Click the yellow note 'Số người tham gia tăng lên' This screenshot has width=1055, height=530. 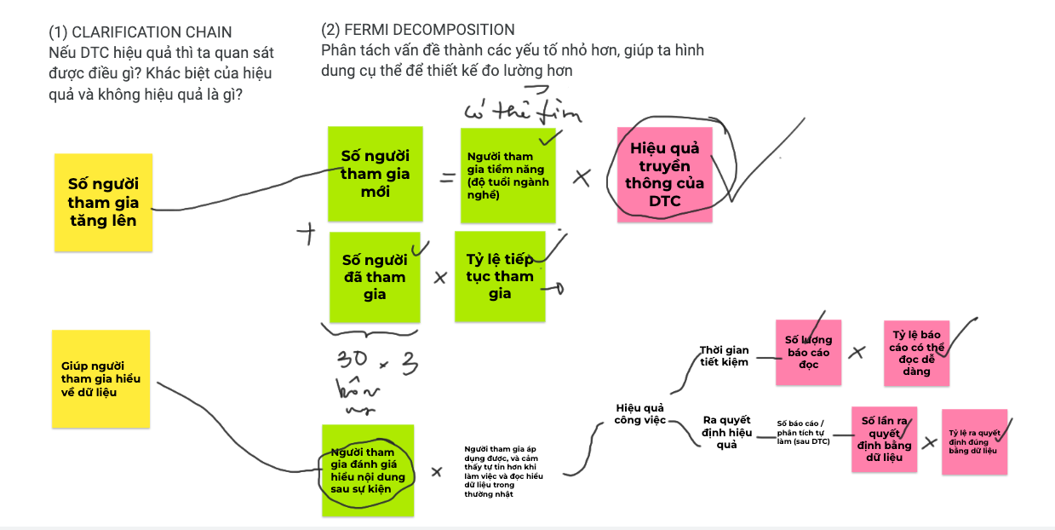(x=103, y=202)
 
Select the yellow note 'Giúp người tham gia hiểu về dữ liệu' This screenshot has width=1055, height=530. (x=100, y=378)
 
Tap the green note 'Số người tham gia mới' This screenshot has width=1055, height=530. (x=375, y=174)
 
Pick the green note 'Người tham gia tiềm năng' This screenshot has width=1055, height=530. (x=507, y=176)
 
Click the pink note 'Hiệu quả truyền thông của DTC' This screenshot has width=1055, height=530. (x=664, y=176)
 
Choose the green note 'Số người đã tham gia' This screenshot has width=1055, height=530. (x=375, y=277)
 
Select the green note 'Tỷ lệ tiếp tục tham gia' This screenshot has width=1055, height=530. (x=500, y=276)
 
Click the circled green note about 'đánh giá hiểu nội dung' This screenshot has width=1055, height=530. (x=368, y=470)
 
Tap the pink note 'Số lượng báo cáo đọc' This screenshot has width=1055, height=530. (x=808, y=352)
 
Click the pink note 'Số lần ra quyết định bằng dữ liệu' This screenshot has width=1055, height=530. (x=885, y=439)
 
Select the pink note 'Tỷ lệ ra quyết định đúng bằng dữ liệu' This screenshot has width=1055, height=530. (x=973, y=441)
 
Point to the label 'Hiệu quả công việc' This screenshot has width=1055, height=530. (x=639, y=413)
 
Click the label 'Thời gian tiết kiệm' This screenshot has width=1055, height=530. (x=724, y=355)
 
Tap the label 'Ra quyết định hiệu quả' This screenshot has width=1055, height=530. (x=726, y=432)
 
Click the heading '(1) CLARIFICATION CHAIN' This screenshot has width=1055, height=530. (x=140, y=32)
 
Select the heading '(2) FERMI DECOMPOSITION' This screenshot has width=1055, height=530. (x=418, y=31)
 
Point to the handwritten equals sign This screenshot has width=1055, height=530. (x=447, y=178)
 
